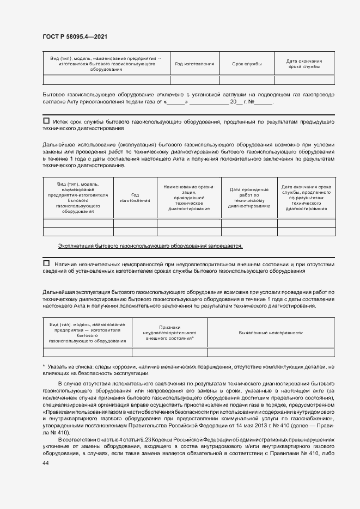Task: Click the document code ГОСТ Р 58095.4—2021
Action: point(74,36)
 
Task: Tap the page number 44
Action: point(46,462)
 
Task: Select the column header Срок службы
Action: point(247,64)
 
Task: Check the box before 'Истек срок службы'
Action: point(46,121)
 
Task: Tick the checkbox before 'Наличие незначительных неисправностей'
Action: point(46,263)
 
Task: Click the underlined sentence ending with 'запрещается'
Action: point(150,246)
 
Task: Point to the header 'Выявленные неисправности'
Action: point(271,333)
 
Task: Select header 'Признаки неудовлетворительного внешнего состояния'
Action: point(169,333)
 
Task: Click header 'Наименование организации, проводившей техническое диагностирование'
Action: point(189,197)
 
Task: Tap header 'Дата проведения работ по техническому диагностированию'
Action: point(249,198)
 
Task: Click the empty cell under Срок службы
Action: point(247,81)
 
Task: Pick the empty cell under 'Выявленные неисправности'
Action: point(271,352)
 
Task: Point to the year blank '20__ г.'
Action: point(237,102)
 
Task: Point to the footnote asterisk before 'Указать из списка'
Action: point(44,367)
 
